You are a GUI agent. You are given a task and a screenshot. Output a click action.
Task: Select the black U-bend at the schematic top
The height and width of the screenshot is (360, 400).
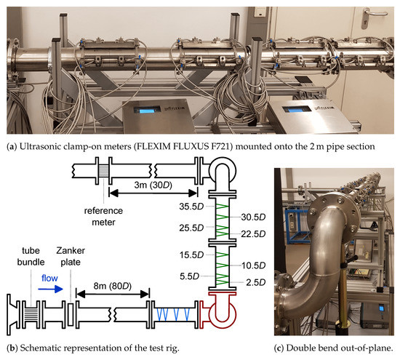[217, 175]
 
